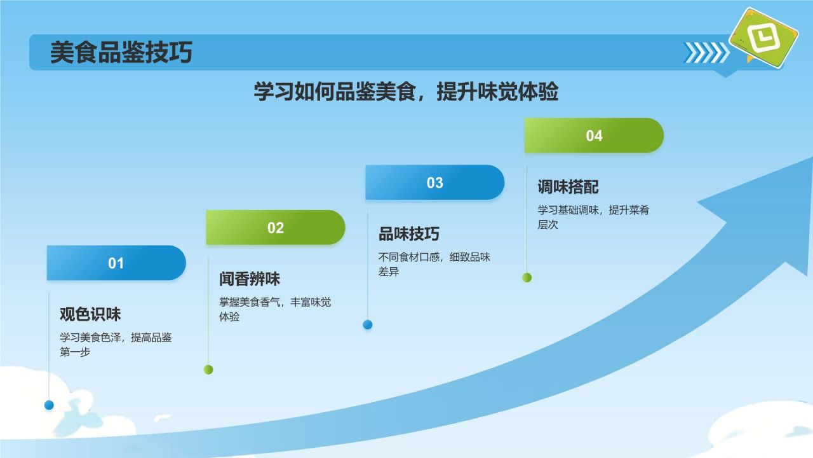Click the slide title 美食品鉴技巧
(121, 52)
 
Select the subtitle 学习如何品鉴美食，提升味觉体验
(406, 91)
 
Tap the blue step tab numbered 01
(116, 263)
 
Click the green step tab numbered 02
(276, 228)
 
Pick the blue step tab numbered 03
(435, 183)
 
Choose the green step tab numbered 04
(594, 135)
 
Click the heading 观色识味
(90, 314)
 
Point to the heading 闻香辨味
(250, 279)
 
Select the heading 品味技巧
(408, 233)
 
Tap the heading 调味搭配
(568, 187)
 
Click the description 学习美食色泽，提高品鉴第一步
(116, 345)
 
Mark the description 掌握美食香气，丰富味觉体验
(275, 309)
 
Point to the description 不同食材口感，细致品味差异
(434, 264)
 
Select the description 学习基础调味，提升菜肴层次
(593, 217)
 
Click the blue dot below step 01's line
(49, 405)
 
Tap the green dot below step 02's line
(208, 370)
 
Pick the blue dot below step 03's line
(368, 324)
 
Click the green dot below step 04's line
(527, 278)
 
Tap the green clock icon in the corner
(764, 38)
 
